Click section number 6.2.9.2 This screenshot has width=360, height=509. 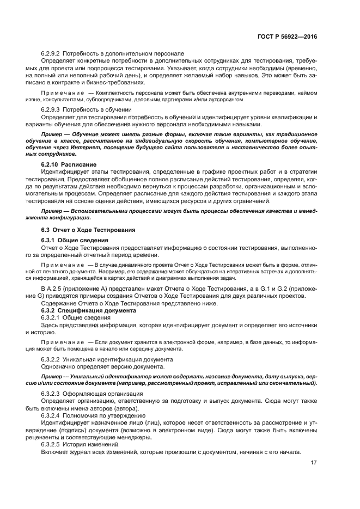coord(51,53)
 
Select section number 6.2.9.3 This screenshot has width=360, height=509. coord(51,109)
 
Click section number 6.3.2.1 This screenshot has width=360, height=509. coord(51,317)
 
